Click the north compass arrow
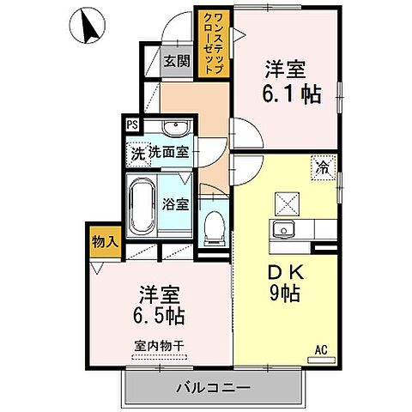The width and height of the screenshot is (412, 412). (x=88, y=27)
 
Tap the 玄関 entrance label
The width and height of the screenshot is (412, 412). (x=177, y=62)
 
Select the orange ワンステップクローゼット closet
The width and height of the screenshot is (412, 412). (x=212, y=43)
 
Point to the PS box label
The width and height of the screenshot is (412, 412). (x=133, y=124)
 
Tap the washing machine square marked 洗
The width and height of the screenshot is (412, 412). (x=136, y=154)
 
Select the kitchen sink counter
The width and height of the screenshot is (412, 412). (x=291, y=229)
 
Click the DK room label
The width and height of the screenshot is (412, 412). (x=282, y=274)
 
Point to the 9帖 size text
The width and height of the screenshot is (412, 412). (x=283, y=296)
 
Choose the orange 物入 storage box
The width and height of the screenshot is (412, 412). (x=105, y=242)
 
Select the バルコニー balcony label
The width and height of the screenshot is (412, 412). (x=213, y=388)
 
